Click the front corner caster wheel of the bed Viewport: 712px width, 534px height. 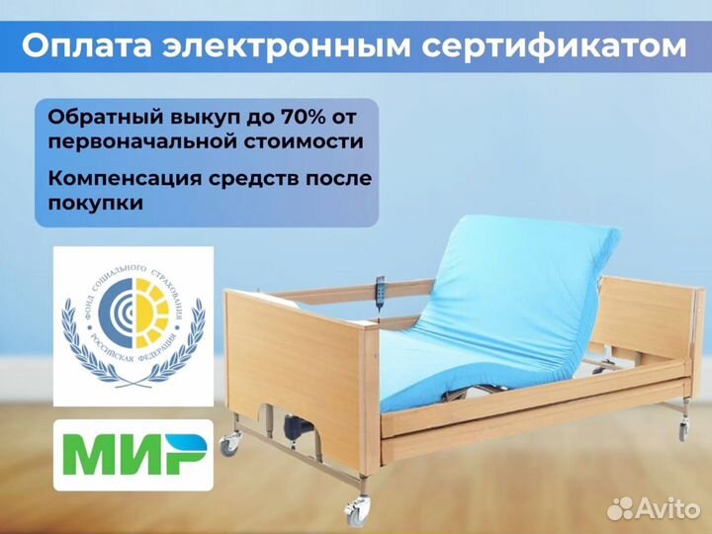[x=354, y=511]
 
